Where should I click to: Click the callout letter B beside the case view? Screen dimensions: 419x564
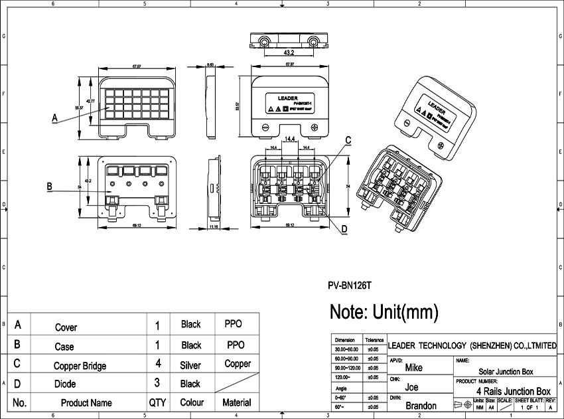point(50,187)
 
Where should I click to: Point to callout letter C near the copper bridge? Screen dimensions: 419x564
point(348,139)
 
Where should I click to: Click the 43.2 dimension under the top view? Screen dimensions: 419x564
point(289,52)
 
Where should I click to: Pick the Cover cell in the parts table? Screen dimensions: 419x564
point(66,327)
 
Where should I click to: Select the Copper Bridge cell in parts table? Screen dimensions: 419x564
point(80,365)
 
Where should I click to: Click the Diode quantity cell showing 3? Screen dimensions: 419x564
point(157,383)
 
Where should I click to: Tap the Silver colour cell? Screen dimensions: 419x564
point(190,365)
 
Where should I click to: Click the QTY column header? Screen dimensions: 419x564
point(157,402)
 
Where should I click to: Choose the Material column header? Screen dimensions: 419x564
point(236,402)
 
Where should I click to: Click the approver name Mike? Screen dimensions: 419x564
point(413,368)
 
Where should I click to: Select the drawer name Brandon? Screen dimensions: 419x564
point(421,406)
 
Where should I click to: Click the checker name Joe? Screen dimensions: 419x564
point(411,387)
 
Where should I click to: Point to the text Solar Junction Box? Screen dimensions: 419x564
point(506,372)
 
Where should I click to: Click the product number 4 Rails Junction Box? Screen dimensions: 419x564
point(514,391)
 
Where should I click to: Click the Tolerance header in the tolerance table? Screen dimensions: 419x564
point(374,339)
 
